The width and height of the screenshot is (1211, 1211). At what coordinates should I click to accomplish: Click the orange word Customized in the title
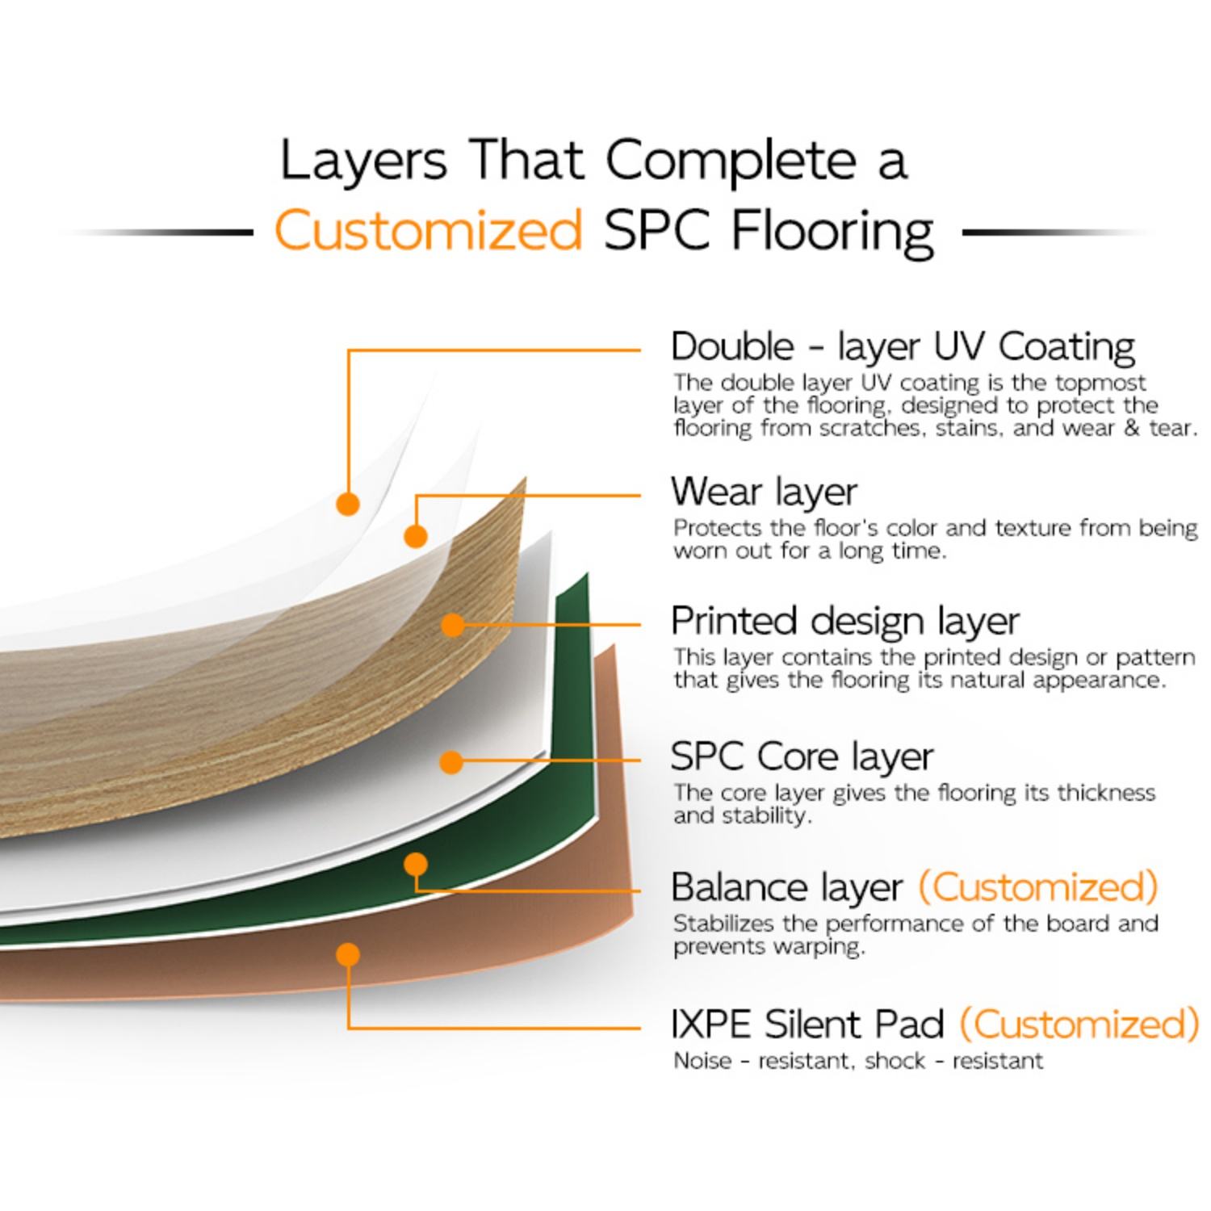point(428,229)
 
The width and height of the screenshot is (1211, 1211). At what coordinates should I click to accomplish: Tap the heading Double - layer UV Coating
point(903,346)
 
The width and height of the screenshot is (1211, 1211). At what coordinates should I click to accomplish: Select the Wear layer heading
point(764,491)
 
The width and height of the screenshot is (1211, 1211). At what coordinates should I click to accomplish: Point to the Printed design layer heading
point(845,621)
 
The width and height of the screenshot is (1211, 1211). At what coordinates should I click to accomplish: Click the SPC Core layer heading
point(802,756)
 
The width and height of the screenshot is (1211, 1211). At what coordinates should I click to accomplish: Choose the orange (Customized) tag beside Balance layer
point(1038,886)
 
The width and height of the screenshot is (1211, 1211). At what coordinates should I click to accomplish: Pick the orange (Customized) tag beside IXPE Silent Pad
point(1079,1024)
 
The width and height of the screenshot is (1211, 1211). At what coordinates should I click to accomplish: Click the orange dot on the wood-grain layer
point(453,624)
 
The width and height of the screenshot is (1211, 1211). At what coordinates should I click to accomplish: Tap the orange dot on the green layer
point(416,865)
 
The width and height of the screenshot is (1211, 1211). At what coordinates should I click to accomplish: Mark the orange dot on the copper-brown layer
point(348,955)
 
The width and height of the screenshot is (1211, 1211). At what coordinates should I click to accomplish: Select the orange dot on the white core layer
point(451,761)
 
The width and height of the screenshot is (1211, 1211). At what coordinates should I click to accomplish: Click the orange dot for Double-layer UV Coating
point(348,504)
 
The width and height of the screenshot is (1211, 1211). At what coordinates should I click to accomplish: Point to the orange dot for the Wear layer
point(416,536)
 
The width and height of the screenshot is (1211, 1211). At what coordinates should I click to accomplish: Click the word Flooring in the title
point(832,233)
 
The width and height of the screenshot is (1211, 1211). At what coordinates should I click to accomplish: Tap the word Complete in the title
point(730,160)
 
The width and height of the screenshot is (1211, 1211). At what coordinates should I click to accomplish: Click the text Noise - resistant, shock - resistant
point(858,1060)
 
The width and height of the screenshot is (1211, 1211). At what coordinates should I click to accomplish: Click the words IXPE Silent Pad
point(807,1024)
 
